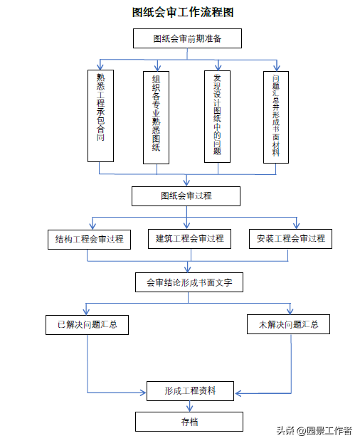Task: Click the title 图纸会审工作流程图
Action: coord(183,12)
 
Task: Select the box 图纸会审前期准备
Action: coord(187,38)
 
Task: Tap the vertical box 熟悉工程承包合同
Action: coord(100,116)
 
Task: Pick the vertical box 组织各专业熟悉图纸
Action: coord(157,117)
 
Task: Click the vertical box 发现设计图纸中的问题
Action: coord(217,117)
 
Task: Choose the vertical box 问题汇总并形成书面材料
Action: coord(276,117)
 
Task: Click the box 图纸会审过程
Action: coord(186,196)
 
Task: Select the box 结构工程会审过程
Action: coord(90,240)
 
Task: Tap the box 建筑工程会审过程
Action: coord(190,239)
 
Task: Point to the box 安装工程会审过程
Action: coord(290,239)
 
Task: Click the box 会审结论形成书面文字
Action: coord(189,282)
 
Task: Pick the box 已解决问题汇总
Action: coord(87,325)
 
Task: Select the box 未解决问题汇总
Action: coord(289,324)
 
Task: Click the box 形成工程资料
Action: coord(190,391)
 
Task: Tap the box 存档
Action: coord(189,422)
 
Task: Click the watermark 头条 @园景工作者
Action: coord(314,431)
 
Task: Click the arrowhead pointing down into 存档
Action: coord(190,408)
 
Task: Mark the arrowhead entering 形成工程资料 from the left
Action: coord(143,393)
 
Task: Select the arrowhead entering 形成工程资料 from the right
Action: coord(238,393)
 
